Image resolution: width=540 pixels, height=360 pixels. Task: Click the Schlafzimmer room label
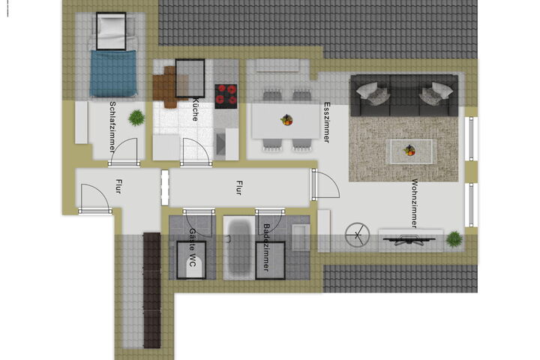pos(112,127)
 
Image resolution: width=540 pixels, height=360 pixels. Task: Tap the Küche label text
pos(195,109)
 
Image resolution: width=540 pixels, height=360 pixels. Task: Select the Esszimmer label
pos(327,122)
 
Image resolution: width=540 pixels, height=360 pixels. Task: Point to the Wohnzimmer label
pos(415,203)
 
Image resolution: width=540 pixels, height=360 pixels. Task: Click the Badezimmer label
pos(266,247)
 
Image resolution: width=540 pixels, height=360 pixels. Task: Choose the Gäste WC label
pos(192,247)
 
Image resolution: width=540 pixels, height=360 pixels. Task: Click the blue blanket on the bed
pos(113,73)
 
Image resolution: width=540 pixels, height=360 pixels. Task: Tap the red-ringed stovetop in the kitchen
pos(226,97)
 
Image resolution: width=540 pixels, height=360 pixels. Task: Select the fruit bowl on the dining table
pos(286,120)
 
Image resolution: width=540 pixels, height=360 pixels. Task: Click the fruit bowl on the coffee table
pos(409,150)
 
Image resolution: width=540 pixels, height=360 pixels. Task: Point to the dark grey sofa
pos(404,95)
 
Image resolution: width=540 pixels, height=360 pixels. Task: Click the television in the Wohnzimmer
pos(409,240)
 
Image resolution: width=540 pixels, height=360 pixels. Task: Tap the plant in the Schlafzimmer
pos(136,118)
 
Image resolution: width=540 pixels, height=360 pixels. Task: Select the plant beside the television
pos(454,239)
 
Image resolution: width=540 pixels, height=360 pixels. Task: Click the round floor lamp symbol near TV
pos(358,235)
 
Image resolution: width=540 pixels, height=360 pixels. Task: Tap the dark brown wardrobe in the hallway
pos(151,290)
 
